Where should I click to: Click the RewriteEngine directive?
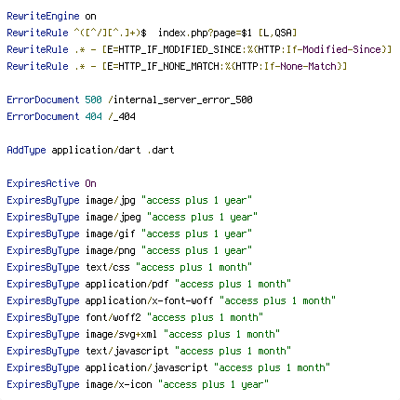tap(43, 16)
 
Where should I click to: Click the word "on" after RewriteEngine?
tap(90, 16)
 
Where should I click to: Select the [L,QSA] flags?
tap(277, 33)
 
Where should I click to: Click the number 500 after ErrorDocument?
tap(93, 100)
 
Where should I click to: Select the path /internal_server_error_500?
tap(180, 100)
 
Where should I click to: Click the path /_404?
tap(122, 116)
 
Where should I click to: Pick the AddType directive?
tap(26, 150)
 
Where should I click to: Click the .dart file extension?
tap(161, 150)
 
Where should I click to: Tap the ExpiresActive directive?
tap(43, 183)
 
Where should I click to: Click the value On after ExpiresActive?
tap(90, 183)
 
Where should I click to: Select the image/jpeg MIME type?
tap(113, 217)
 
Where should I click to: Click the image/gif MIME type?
tap(111, 233)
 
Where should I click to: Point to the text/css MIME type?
tap(108, 267)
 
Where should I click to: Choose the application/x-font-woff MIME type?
tap(149, 300)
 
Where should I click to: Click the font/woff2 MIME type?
tap(113, 317)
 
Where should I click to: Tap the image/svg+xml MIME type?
tap(121, 334)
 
